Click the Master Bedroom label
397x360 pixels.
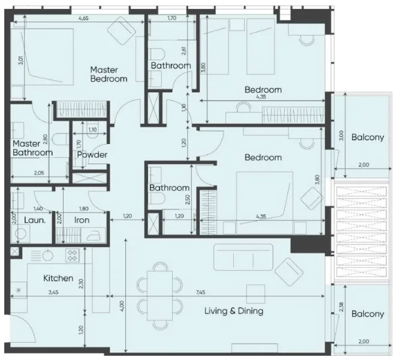109,74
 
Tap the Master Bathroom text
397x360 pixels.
32,148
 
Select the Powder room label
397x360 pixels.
92,155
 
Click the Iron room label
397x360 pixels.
82,220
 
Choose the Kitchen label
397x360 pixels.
58,278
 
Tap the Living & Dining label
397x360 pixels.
234,311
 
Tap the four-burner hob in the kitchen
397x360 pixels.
73,255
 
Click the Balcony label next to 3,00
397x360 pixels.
367,137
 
